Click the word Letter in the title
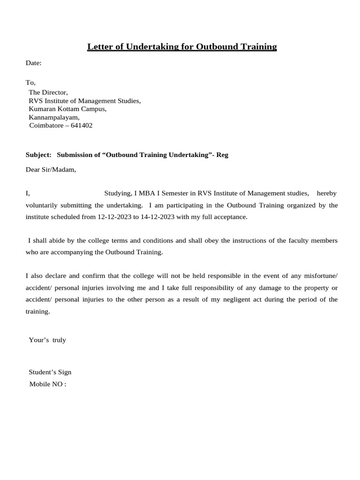100,47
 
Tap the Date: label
34,63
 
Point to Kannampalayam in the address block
54,117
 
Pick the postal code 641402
82,126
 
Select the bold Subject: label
38,155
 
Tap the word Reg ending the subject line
222,155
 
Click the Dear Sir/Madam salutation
51,170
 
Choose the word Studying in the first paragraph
118,193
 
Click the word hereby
326,193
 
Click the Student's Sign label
50,372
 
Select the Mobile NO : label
48,384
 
